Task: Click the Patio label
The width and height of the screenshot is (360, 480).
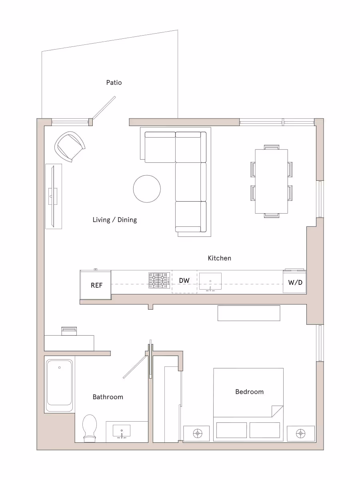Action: click(x=114, y=82)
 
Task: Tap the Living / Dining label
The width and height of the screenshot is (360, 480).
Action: click(x=114, y=220)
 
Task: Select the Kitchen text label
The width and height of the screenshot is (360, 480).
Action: click(x=219, y=258)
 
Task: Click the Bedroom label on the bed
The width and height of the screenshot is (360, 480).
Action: click(x=249, y=392)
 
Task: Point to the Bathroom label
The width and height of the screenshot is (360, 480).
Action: click(x=108, y=397)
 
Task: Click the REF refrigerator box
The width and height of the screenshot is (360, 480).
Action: click(x=96, y=285)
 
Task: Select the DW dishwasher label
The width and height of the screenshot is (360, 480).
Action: click(x=184, y=280)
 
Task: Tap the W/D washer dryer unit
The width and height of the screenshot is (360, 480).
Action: click(x=295, y=282)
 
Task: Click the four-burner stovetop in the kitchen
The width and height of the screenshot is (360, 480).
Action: click(x=159, y=280)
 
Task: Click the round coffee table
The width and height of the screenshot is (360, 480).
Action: click(x=147, y=189)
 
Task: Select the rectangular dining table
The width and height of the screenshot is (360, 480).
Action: click(x=272, y=181)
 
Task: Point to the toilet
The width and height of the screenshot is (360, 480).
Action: click(x=90, y=428)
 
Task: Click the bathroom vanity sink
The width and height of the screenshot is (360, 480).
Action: click(x=122, y=431)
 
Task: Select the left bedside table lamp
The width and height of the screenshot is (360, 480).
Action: click(x=196, y=433)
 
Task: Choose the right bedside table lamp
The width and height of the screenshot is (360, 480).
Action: click(x=300, y=433)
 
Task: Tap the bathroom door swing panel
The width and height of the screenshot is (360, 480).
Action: click(x=135, y=367)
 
